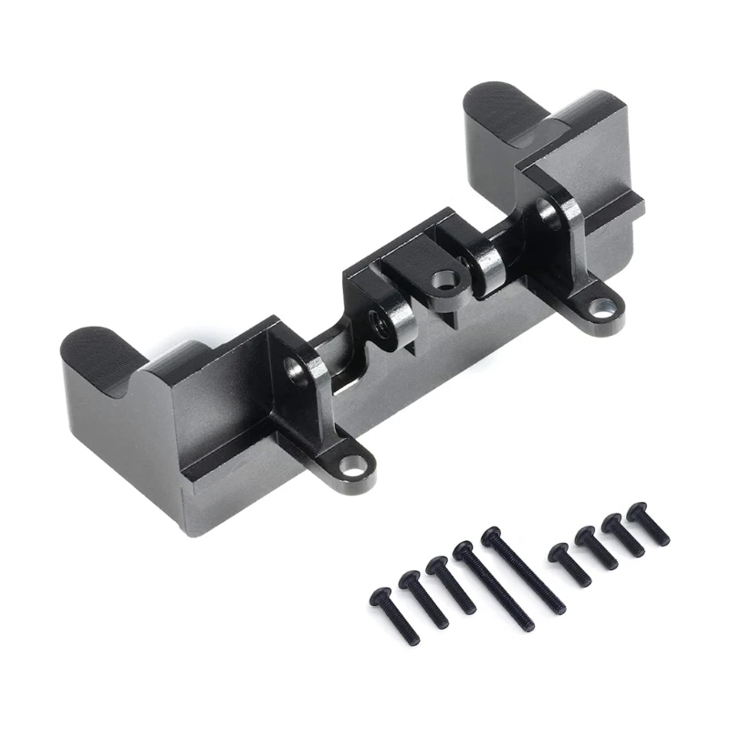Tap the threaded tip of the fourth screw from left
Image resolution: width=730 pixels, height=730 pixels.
pos(527,625)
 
